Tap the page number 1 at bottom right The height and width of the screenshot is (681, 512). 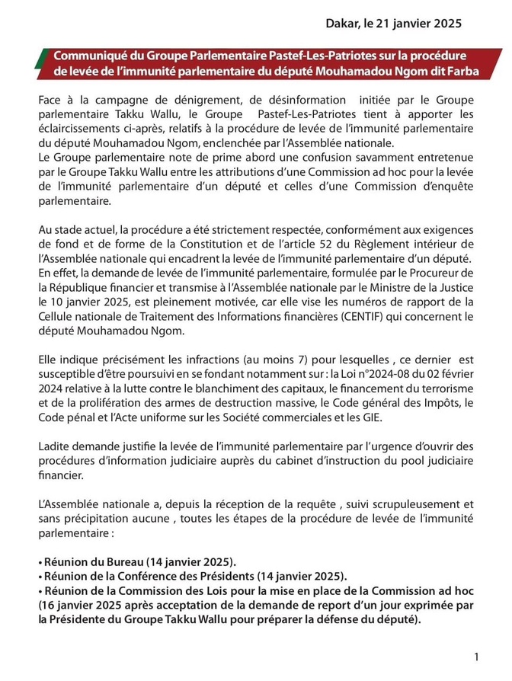(x=476, y=657)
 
